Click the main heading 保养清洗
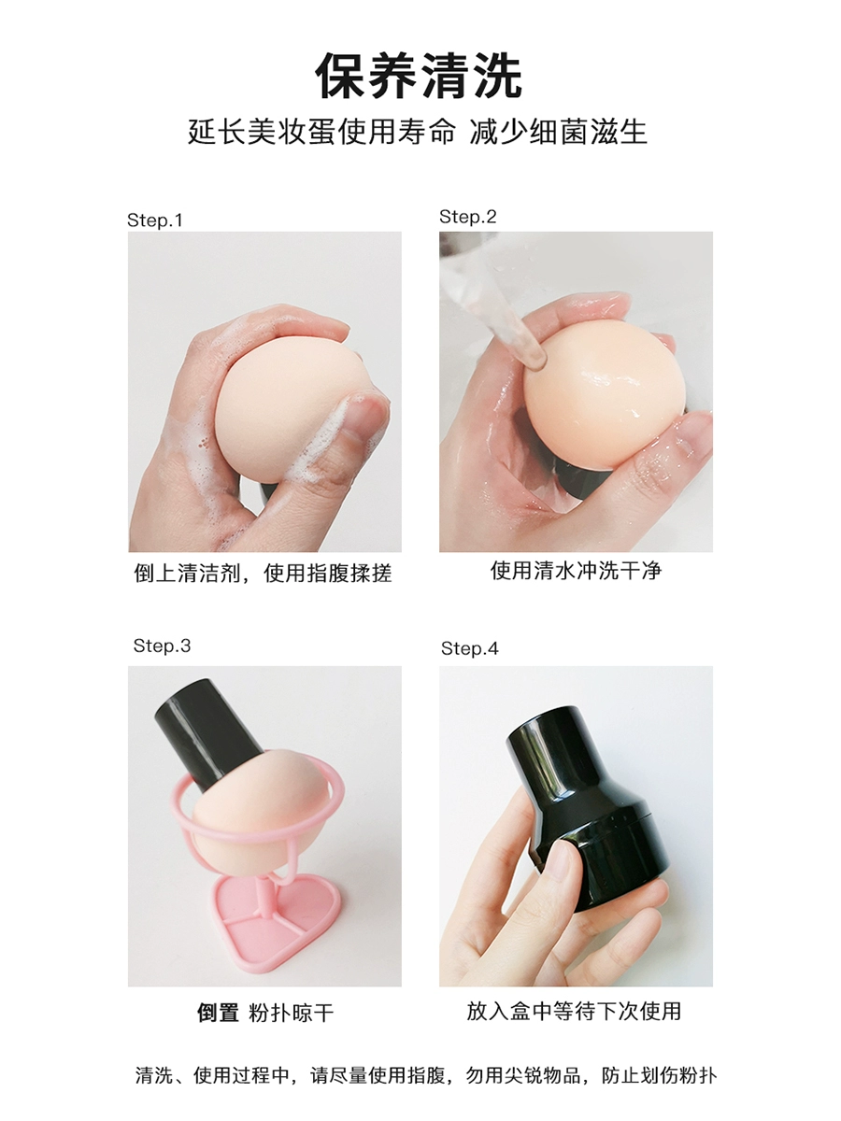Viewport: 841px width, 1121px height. point(420,76)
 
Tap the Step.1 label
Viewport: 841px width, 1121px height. point(155,220)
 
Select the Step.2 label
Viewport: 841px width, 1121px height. point(468,217)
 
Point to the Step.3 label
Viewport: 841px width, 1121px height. point(162,646)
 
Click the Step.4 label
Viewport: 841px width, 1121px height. point(470,648)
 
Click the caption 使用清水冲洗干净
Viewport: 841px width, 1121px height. point(576,571)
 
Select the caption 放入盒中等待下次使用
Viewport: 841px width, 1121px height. point(574,1011)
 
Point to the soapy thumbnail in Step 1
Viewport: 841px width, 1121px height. point(363,413)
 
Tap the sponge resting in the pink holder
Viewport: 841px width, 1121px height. point(261,807)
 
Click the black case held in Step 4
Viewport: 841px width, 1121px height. point(587,802)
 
